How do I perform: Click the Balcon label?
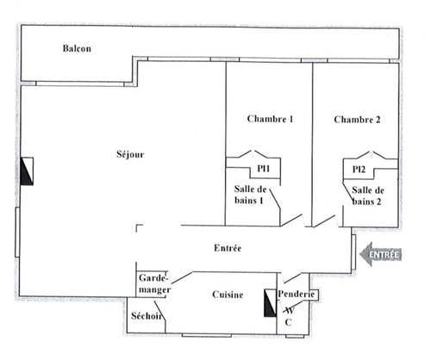coord(77,48)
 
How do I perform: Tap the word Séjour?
coord(130,154)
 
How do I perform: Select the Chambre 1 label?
coord(270,119)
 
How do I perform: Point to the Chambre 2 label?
coord(357,120)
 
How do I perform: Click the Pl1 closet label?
coord(264,168)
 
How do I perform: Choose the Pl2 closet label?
coord(359,170)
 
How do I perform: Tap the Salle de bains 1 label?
coord(250,195)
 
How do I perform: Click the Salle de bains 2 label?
coord(368,196)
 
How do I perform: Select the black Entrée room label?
coord(228,248)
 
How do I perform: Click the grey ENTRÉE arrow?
coord(380,254)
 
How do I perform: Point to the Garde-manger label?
coord(154,283)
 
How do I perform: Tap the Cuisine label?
coord(228,295)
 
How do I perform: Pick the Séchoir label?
coord(147,316)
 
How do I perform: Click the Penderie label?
coord(297,294)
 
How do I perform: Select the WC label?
coord(289,316)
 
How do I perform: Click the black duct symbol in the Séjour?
coord(27,171)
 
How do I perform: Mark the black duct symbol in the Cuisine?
coord(270,303)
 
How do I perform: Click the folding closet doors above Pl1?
coord(253,154)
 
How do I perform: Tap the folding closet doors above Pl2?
coord(372,155)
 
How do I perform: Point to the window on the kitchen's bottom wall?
coord(207,335)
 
